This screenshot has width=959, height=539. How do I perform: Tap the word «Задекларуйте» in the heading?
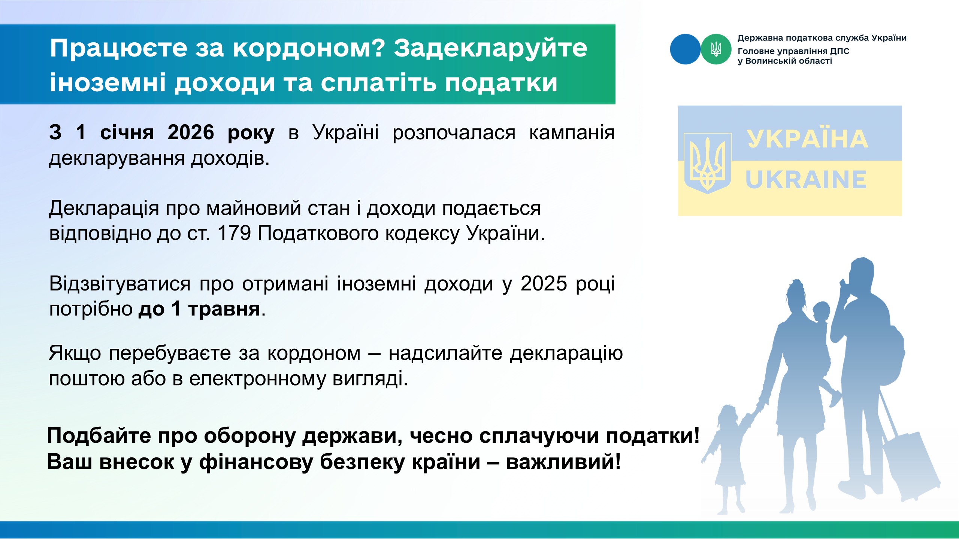click(x=490, y=49)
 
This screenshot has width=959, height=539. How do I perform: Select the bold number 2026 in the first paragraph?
click(x=191, y=133)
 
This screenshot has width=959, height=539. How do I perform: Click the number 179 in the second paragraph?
click(x=234, y=233)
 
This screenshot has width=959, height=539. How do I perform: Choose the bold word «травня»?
click(x=224, y=309)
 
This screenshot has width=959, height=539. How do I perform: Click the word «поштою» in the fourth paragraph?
click(x=87, y=378)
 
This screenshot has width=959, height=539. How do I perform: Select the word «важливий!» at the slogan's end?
click(x=563, y=462)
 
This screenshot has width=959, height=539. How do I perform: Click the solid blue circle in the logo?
click(x=685, y=49)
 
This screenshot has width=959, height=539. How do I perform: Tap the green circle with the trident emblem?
click(x=716, y=49)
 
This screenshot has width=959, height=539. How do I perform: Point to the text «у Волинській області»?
click(x=785, y=61)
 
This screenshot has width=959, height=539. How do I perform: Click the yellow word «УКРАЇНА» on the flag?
click(x=807, y=139)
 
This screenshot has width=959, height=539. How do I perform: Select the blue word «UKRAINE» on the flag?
click(x=806, y=180)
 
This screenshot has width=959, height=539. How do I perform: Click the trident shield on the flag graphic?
click(x=708, y=163)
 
